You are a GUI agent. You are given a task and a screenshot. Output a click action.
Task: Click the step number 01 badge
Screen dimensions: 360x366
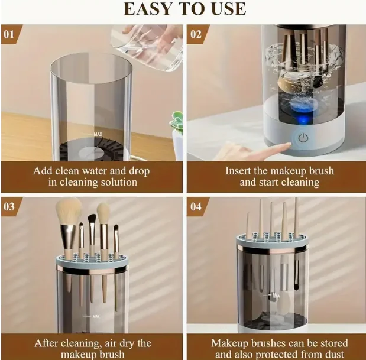pos(9,34)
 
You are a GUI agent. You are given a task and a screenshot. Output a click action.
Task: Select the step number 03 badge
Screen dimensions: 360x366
pos(9,206)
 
